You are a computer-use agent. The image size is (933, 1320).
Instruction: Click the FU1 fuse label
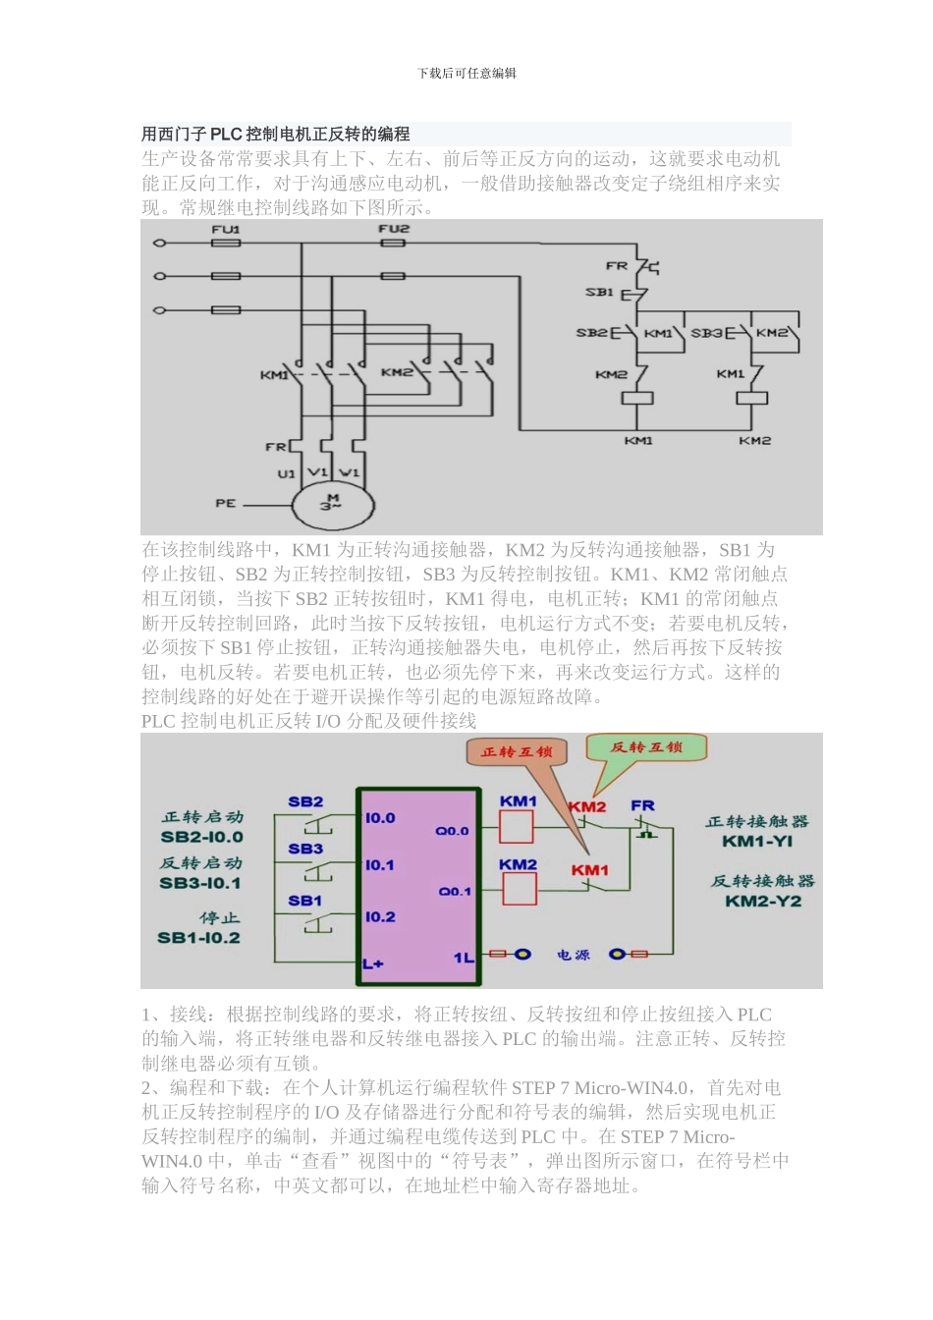click(226, 230)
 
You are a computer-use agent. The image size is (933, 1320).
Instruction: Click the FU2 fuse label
click(394, 229)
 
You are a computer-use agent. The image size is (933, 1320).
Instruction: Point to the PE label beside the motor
click(226, 504)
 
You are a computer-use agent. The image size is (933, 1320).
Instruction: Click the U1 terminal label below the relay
click(286, 473)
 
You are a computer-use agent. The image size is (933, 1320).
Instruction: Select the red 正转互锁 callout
click(517, 752)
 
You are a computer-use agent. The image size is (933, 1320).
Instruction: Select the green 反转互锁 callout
click(646, 747)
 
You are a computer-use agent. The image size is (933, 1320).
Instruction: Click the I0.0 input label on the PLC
click(380, 818)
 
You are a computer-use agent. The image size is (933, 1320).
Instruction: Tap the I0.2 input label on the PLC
click(380, 917)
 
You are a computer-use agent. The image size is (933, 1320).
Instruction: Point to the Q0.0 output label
click(453, 831)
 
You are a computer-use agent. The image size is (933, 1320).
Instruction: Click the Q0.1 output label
click(455, 892)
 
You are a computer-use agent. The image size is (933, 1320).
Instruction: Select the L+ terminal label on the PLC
click(373, 963)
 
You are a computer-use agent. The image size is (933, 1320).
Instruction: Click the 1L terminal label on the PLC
click(464, 957)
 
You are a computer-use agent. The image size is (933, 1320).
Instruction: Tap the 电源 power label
click(574, 955)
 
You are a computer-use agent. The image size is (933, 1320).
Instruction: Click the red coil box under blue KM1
click(517, 828)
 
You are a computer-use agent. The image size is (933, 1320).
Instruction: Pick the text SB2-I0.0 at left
click(201, 838)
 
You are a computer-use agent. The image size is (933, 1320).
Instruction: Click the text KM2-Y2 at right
click(763, 902)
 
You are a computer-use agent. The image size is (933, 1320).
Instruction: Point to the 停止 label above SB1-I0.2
click(219, 918)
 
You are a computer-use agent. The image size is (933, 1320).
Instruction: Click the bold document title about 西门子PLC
click(276, 135)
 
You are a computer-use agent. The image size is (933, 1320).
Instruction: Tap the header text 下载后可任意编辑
click(466, 74)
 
